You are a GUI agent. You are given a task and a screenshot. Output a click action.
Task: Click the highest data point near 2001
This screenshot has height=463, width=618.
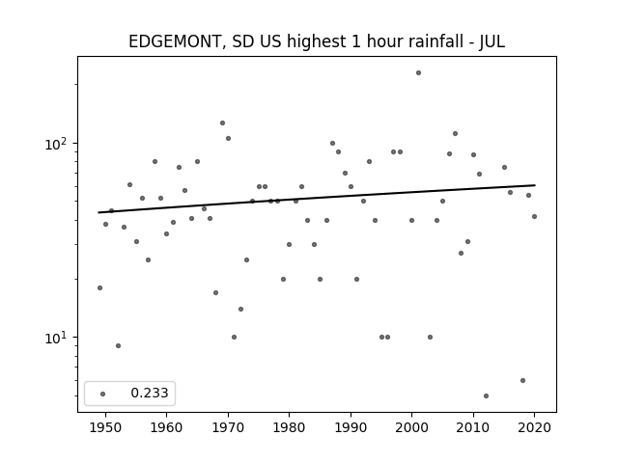click(x=418, y=73)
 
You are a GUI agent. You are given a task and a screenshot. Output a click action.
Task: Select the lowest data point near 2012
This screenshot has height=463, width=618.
click(x=486, y=395)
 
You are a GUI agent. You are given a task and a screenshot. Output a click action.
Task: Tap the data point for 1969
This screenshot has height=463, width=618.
click(x=222, y=123)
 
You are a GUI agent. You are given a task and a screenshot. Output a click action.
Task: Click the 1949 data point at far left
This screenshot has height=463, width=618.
click(x=99, y=287)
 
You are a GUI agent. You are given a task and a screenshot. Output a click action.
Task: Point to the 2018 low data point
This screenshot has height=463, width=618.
click(x=522, y=380)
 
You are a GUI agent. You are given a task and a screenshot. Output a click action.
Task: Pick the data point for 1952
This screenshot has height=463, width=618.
click(x=118, y=345)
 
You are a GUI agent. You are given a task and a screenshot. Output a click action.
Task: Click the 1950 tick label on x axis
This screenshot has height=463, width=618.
click(x=105, y=427)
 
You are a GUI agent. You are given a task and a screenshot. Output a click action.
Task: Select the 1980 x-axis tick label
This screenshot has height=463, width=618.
click(x=289, y=427)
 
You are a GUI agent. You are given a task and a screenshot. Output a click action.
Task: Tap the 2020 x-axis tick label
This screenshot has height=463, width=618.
click(x=534, y=427)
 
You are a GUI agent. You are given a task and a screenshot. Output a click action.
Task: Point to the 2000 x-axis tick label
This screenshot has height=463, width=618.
click(x=411, y=427)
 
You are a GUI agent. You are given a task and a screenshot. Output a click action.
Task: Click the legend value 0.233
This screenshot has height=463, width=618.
click(x=150, y=393)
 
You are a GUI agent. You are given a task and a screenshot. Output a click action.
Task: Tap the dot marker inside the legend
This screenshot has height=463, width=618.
click(x=103, y=394)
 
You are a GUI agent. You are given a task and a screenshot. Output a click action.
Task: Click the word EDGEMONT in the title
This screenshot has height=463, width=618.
click(x=174, y=41)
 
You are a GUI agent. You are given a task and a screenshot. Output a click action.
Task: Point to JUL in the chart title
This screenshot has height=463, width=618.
click(x=492, y=41)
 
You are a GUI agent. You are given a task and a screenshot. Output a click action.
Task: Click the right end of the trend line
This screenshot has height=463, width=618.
click(x=535, y=185)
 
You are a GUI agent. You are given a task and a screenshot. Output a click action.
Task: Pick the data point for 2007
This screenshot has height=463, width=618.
click(x=455, y=133)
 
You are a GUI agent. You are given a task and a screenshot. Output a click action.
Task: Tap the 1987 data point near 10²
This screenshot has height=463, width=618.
click(x=332, y=144)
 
